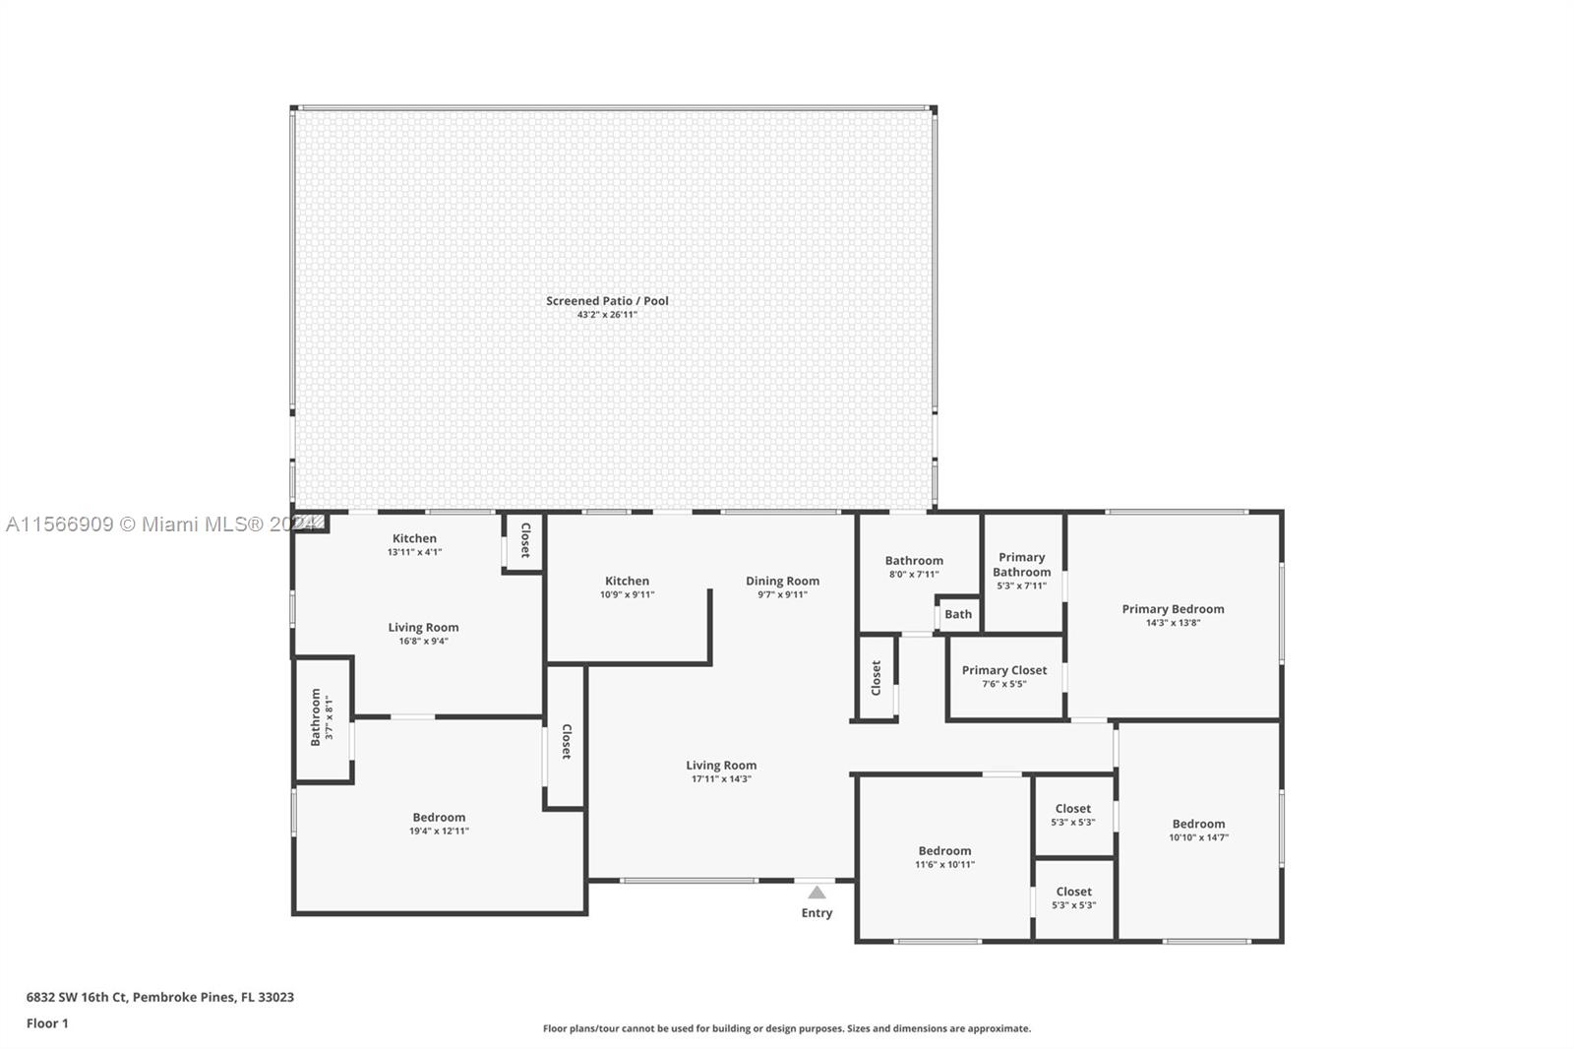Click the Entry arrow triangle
click(817, 893)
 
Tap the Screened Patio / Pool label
click(607, 301)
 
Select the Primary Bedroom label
click(1173, 609)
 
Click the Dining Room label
click(782, 581)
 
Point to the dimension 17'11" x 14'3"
click(722, 779)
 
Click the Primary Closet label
click(1004, 670)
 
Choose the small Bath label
click(958, 614)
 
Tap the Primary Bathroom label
click(1022, 565)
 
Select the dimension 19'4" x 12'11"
click(439, 832)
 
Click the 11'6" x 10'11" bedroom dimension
click(944, 865)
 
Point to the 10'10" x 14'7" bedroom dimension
click(1199, 837)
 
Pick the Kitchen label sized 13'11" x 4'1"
click(414, 538)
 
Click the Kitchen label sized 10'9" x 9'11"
click(627, 581)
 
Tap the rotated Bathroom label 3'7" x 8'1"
click(316, 717)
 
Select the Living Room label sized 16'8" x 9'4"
click(423, 627)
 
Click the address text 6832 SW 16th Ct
click(77, 997)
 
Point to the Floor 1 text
click(47, 1023)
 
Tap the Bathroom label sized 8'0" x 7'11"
click(914, 560)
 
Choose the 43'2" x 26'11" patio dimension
click(607, 315)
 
